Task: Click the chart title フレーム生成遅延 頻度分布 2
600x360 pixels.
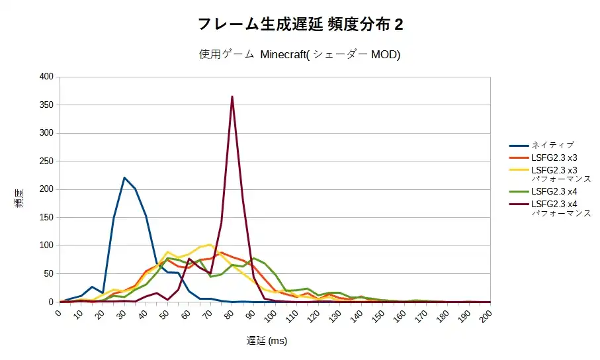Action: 300,24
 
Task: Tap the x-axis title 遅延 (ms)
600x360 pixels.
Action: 267,341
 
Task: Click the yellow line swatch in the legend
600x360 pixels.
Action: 519,169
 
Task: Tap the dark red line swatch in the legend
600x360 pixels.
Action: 519,204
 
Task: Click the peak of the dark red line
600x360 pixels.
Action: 232,97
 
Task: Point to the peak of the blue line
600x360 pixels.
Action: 124,177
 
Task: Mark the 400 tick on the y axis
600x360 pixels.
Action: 46,77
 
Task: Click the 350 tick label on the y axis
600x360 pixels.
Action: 46,105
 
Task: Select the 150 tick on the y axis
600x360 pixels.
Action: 46,218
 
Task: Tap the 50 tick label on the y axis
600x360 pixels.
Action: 48,274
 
